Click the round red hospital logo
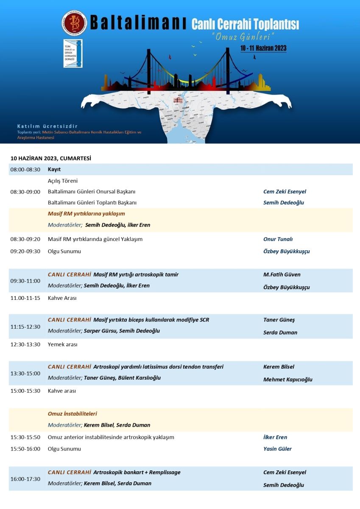pos(74,23)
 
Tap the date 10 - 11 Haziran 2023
pos(263,48)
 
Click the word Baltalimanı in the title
pos(138,23)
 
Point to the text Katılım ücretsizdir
pos(47,126)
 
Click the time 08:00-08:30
pos(25,169)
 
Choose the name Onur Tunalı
pos(278,239)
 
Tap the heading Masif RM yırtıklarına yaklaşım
pos(86,214)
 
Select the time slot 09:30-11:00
pos(25,281)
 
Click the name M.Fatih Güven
pos(282,274)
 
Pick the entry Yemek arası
pos(62,344)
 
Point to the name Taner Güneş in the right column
pos(279,320)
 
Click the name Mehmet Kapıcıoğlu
pos(287,380)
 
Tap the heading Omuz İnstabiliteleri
pos(72,414)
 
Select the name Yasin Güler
pos(277,449)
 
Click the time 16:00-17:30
pos(25,479)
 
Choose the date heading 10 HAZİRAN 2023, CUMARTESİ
pos(51,158)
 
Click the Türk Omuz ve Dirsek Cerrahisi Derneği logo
pos(73,53)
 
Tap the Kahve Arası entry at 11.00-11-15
pos(62,298)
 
